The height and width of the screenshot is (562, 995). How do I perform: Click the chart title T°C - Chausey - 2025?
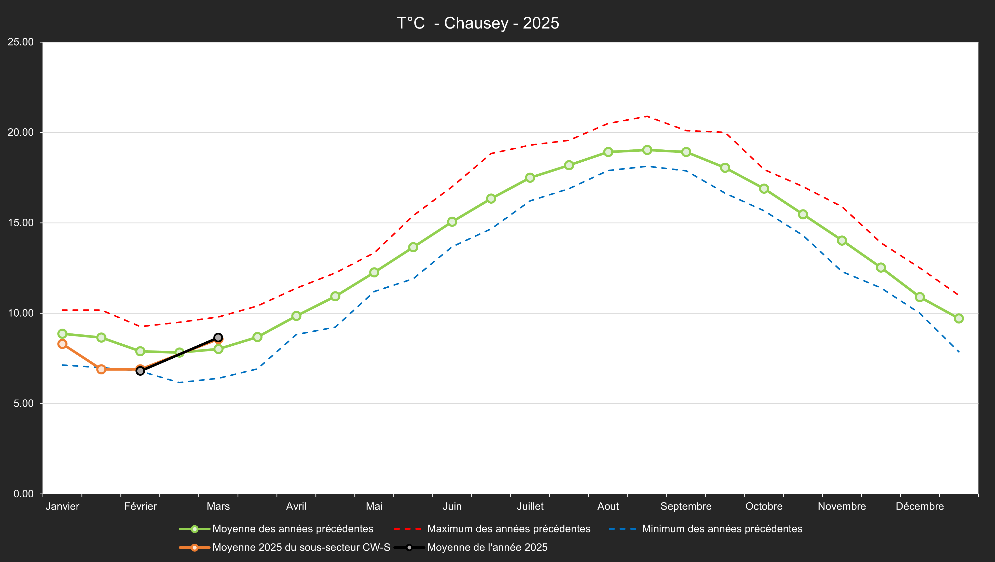478,23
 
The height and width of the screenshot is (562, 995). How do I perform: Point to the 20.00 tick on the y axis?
21,132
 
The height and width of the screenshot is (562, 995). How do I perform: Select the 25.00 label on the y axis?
21,42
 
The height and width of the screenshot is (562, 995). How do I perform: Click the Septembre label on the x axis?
686,506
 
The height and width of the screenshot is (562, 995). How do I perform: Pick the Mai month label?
374,506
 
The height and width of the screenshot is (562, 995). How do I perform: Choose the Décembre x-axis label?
919,506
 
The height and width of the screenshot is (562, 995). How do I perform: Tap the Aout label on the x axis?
608,506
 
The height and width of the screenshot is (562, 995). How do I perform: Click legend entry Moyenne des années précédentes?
293,528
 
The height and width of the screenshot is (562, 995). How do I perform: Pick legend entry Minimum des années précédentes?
722,528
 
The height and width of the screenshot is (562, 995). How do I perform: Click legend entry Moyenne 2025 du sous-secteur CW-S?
301,547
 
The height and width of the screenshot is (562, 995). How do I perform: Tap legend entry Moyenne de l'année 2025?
487,547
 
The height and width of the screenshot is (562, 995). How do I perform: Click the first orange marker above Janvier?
62,344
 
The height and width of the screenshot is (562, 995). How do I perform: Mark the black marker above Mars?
218,338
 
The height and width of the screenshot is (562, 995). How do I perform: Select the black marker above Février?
140,371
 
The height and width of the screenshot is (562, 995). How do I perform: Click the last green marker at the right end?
959,318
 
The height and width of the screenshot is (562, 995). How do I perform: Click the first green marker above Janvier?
62,333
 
